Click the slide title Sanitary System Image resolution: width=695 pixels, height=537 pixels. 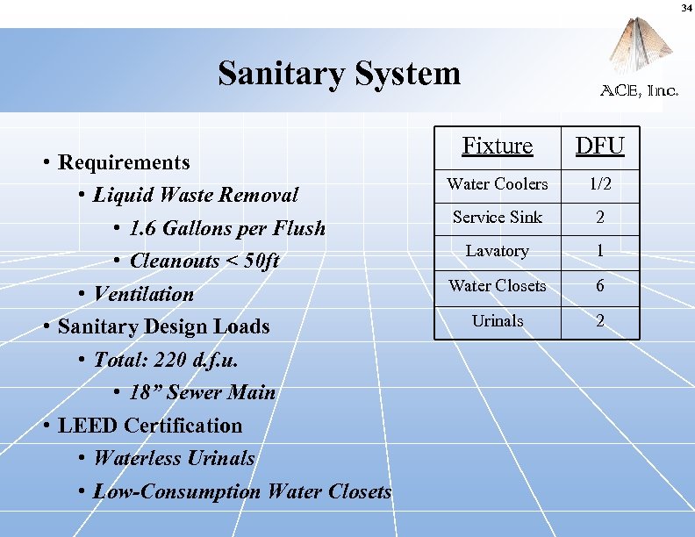coord(339,74)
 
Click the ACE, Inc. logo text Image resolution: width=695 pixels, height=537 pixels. coord(639,90)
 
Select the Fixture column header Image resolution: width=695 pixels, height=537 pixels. coord(497,146)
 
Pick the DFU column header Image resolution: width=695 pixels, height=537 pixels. coord(599,146)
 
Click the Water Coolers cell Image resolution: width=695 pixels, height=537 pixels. coord(497,183)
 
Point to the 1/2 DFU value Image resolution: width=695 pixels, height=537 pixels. coord(599,183)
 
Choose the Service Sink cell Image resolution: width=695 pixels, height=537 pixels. coord(497,217)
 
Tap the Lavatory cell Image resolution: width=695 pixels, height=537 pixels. coord(497,251)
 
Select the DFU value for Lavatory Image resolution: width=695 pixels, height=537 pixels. coord(599,251)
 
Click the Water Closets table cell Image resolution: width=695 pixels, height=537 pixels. coord(497,285)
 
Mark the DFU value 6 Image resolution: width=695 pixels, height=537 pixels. coord(599,285)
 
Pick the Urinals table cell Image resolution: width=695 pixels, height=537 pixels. coord(497,320)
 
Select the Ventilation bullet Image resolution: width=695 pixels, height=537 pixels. coord(143,294)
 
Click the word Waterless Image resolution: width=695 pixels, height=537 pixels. coord(137,458)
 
